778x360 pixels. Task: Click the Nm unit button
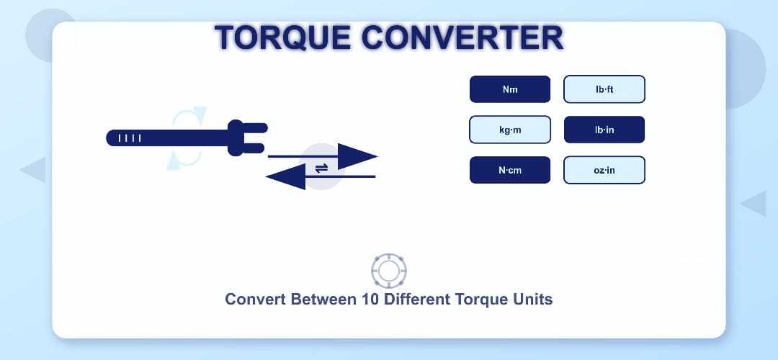[510, 90]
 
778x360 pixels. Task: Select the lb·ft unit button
[604, 90]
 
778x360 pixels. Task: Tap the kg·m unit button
[510, 130]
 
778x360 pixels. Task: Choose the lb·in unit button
[604, 130]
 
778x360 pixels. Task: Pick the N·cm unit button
[510, 171]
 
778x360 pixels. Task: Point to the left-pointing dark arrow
[288, 176]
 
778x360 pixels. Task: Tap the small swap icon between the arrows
[321, 167]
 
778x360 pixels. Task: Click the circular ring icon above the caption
[389, 271]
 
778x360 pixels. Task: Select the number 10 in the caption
[367, 300]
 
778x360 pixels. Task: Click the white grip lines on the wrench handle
[130, 138]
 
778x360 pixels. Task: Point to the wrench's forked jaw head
[245, 138]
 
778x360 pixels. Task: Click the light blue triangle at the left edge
[34, 170]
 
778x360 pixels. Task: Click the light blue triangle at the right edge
[754, 203]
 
